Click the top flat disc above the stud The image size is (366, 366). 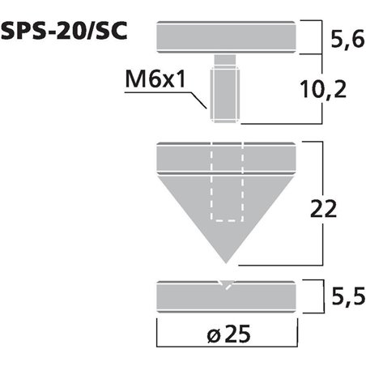tap(225, 36)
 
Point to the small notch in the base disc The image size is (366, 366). tap(225, 283)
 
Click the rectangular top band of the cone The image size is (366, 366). tap(225, 156)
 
